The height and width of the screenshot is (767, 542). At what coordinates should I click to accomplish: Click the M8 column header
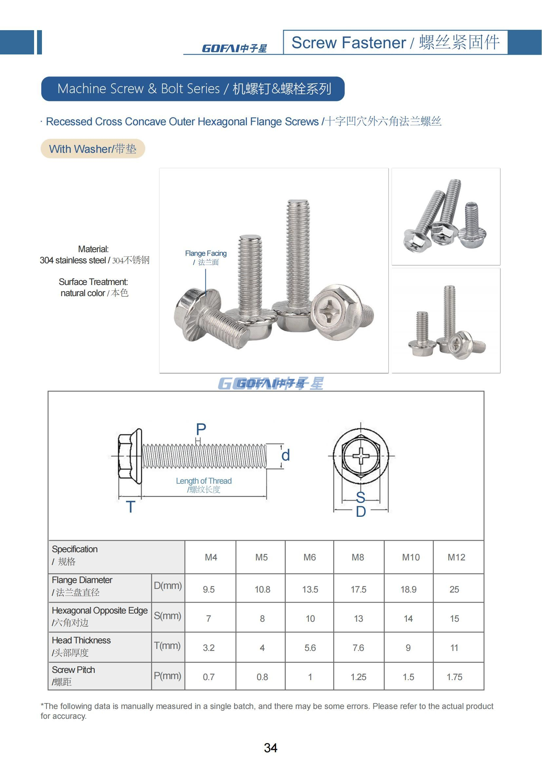358,557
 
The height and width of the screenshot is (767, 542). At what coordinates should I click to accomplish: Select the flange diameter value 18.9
408,589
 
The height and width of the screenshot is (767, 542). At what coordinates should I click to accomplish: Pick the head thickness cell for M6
310,648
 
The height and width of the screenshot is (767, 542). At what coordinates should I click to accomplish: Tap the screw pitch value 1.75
454,677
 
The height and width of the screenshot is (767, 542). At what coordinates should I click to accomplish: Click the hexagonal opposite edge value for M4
209,619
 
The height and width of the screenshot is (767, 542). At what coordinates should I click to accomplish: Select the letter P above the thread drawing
201,430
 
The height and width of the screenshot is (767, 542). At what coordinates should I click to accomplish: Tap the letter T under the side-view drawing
130,507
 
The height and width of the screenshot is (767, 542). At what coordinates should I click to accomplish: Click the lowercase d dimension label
285,455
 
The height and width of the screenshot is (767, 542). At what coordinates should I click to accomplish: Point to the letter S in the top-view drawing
360,497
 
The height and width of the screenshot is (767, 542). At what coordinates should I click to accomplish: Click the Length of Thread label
203,481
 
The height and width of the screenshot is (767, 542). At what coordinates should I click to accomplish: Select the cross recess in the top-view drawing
361,456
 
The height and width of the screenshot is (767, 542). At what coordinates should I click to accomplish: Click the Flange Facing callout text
205,253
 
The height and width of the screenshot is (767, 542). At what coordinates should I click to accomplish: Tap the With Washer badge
93,149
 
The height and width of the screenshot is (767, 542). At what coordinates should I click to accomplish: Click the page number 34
270,748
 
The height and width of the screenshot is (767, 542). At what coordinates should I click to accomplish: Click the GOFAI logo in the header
234,49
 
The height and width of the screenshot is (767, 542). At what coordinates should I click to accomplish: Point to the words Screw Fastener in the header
348,43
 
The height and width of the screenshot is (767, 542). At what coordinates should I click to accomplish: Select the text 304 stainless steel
73,260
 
